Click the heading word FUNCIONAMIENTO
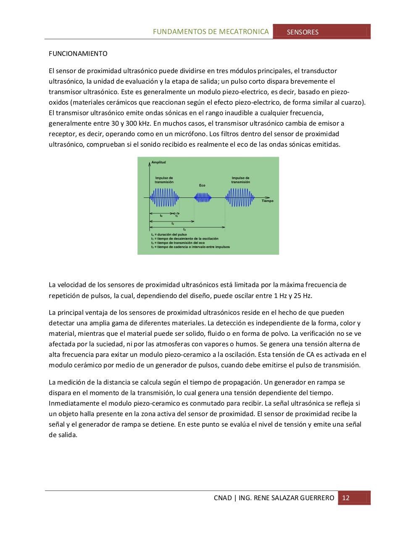[x=78, y=54]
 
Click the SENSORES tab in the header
[x=303, y=32]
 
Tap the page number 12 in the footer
[x=346, y=498]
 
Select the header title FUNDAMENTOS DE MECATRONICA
[x=211, y=32]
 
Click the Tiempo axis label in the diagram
[x=267, y=201]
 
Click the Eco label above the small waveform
[x=202, y=185]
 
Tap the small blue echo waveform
[x=203, y=197]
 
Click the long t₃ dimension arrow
[x=187, y=227]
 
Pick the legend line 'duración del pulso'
[x=170, y=235]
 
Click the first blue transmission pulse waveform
[x=164, y=197]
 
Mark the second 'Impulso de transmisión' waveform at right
[x=240, y=197]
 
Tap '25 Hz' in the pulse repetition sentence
[x=303, y=295]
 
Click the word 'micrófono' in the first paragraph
[x=192, y=134]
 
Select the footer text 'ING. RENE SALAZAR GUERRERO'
[x=287, y=498]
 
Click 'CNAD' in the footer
[x=223, y=498]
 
